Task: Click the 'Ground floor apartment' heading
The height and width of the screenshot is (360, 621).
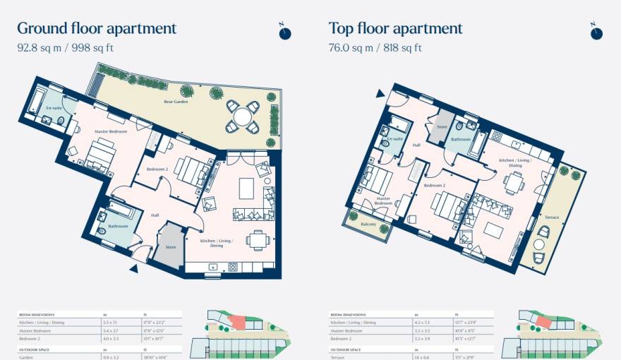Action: pyautogui.click(x=97, y=29)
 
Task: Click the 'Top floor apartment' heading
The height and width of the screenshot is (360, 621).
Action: pyautogui.click(x=395, y=29)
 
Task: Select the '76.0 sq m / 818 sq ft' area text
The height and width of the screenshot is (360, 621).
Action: pyautogui.click(x=375, y=49)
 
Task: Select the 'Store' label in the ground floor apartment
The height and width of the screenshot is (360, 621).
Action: pyautogui.click(x=170, y=247)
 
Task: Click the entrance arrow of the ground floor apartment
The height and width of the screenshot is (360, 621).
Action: pyautogui.click(x=133, y=268)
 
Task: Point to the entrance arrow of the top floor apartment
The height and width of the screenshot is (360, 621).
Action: pyautogui.click(x=380, y=93)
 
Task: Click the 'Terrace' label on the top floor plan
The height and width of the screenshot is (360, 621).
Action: pyautogui.click(x=552, y=217)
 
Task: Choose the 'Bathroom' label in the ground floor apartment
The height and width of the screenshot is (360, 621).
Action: pyautogui.click(x=118, y=226)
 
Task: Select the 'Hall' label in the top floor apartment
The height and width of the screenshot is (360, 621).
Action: pyautogui.click(x=417, y=145)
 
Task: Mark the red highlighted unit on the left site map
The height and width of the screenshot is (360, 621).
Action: pyautogui.click(x=237, y=322)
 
